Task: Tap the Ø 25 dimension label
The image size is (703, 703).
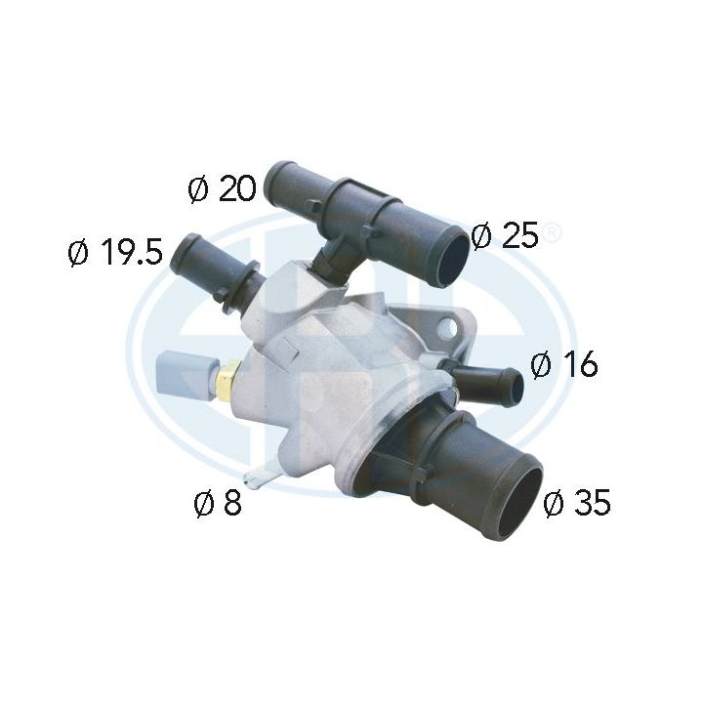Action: click(x=504, y=235)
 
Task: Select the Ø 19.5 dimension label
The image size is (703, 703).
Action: click(x=114, y=254)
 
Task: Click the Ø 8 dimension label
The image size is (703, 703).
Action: click(x=218, y=504)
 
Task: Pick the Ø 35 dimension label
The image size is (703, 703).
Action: click(x=577, y=503)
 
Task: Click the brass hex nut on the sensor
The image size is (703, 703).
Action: click(x=230, y=376)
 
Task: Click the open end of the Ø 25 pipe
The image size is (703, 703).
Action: click(x=451, y=256)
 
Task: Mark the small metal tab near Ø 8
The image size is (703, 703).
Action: click(x=260, y=476)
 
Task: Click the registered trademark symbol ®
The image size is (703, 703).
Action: click(x=552, y=233)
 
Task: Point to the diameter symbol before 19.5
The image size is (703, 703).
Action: click(x=79, y=254)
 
